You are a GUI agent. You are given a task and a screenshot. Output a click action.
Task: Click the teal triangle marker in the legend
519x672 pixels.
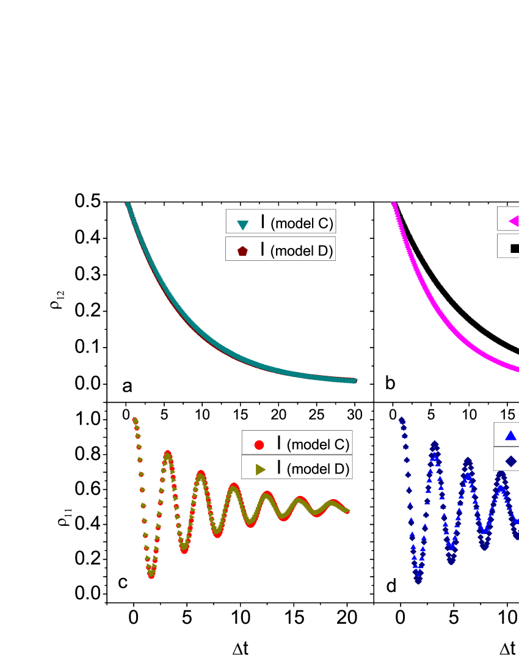(242, 225)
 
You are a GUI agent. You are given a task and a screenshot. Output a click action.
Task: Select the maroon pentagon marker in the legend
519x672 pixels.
(242, 251)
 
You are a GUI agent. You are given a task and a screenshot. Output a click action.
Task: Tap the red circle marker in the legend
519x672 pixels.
(259, 445)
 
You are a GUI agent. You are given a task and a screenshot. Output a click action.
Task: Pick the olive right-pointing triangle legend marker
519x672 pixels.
(259, 469)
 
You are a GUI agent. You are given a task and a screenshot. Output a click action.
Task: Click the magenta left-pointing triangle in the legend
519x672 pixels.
(514, 221)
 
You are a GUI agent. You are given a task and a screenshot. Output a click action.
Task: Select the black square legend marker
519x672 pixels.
(514, 248)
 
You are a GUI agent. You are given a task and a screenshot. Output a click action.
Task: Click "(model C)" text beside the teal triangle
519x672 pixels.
(302, 224)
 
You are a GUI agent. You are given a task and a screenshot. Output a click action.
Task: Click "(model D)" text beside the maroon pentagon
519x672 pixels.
(302, 251)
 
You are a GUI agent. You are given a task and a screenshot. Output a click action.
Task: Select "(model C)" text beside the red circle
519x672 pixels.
(318, 445)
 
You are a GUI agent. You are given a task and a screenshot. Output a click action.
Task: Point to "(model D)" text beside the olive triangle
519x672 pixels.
(318, 469)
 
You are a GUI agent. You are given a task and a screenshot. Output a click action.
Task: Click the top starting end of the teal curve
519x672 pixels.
(128, 204)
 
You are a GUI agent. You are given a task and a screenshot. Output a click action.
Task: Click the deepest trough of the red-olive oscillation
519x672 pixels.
(151, 574)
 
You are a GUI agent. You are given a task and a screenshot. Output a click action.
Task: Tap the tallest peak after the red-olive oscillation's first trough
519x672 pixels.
(168, 454)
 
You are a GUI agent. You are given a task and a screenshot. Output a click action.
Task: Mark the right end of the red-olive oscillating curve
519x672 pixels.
(348, 510)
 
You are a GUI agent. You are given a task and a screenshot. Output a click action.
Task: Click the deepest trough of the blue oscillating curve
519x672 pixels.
(418, 580)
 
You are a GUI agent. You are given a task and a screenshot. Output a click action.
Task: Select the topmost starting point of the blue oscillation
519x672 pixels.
(401, 420)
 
